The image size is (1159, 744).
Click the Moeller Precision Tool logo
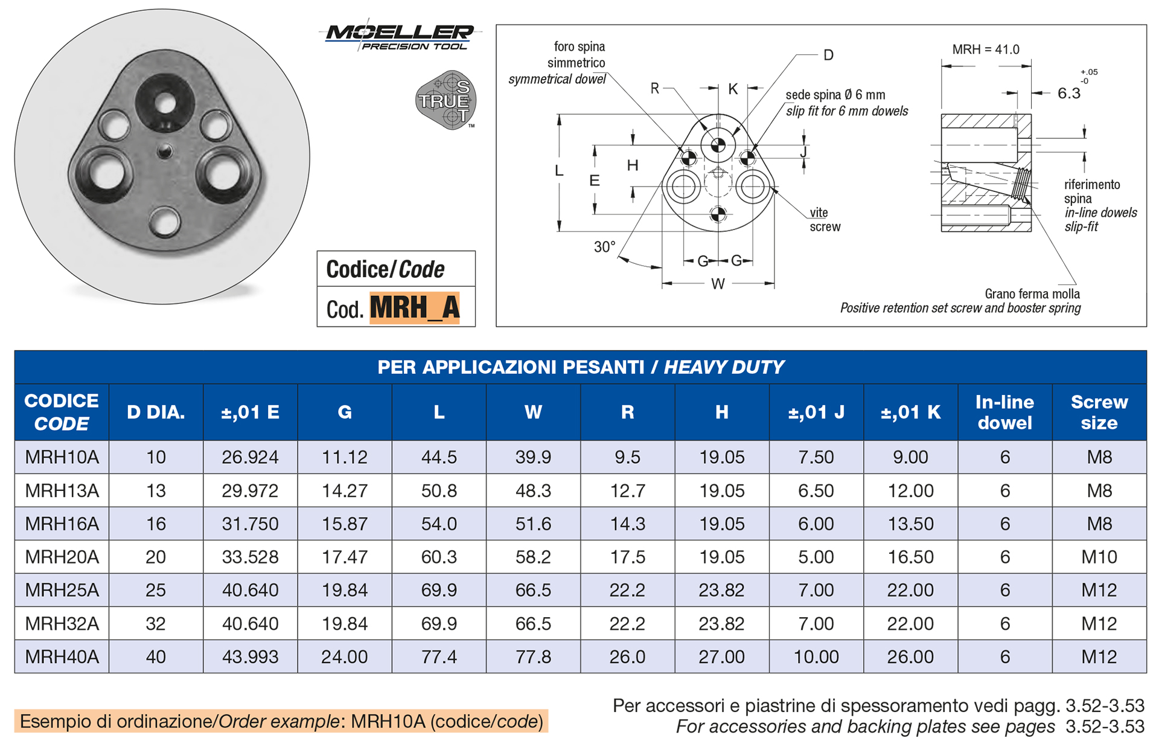400,37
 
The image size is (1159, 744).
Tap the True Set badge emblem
446,100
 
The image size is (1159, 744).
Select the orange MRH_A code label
414,308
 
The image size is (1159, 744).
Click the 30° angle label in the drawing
604,246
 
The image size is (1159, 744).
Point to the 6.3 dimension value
1068,93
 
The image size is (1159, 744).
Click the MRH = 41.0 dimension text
986,50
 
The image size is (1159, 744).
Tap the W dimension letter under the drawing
718,284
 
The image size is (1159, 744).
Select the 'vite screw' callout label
824,220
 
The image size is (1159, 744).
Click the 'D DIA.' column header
156,412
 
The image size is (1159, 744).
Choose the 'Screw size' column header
1099,412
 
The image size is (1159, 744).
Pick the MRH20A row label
62,557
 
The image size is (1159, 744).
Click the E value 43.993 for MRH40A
250,656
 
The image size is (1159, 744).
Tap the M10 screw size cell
1099,557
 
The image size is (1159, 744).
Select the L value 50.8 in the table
439,490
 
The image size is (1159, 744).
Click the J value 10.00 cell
816,656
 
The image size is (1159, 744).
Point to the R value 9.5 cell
627,457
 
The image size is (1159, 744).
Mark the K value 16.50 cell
910,557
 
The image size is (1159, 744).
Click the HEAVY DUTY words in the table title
724,367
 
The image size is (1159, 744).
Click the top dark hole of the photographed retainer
164,101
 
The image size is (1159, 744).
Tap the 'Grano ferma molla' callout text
1032,294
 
